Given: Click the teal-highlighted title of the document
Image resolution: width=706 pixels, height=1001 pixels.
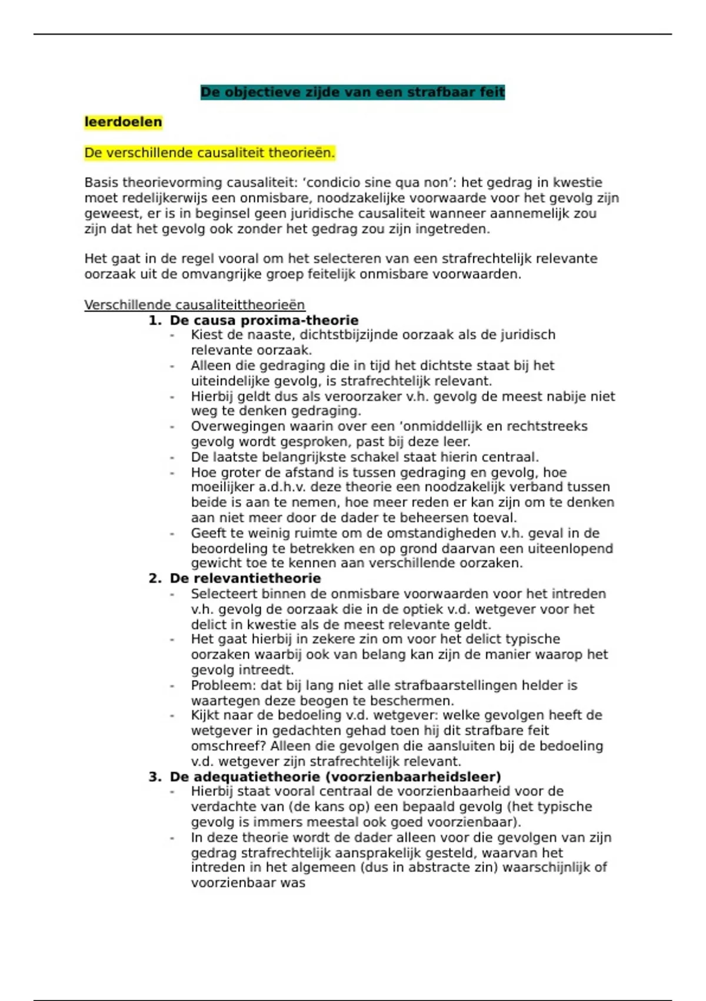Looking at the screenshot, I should pyautogui.click(x=352, y=92).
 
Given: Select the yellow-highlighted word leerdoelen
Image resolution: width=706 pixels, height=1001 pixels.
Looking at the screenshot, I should pyautogui.click(x=123, y=122).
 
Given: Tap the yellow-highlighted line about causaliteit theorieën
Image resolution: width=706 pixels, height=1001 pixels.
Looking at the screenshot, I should pyautogui.click(x=209, y=153).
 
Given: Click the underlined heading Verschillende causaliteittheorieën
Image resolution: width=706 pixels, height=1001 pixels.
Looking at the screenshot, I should pyautogui.click(x=194, y=305).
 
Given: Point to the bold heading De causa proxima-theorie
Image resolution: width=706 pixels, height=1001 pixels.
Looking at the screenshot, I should pyautogui.click(x=264, y=320).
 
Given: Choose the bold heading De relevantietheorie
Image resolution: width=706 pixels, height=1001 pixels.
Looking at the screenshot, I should pyautogui.click(x=245, y=578).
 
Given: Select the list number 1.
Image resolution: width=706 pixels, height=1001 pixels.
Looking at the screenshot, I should pyautogui.click(x=154, y=320).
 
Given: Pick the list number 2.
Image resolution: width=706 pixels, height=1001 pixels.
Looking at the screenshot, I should pyautogui.click(x=154, y=578).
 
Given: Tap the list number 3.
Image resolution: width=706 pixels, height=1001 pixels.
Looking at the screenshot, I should pyautogui.click(x=154, y=777).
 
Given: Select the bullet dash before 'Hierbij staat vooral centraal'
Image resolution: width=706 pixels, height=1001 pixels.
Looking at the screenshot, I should pyautogui.click(x=172, y=792).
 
